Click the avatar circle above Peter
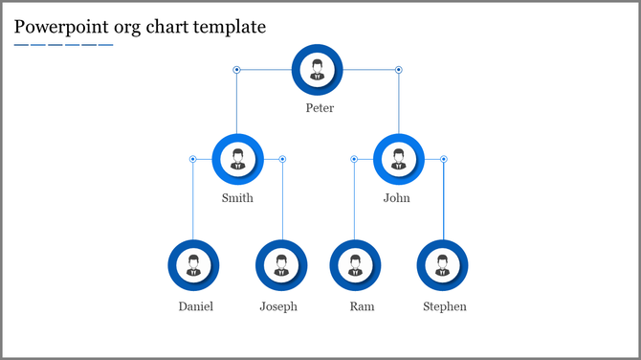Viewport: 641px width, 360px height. (x=317, y=69)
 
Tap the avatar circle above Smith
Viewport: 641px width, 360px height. (x=237, y=159)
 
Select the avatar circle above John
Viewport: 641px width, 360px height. (x=398, y=159)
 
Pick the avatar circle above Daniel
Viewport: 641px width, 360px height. (x=193, y=265)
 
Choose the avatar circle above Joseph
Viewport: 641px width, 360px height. (x=281, y=265)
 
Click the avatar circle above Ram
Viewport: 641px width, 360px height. (x=355, y=265)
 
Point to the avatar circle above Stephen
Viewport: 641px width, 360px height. (x=442, y=265)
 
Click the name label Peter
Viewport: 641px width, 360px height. (x=320, y=108)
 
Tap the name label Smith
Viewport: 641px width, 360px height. (x=237, y=199)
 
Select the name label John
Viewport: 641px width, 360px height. (x=396, y=199)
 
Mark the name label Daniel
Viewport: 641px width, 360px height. (x=195, y=307)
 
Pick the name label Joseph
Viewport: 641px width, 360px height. (x=278, y=307)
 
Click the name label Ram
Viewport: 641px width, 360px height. (x=362, y=307)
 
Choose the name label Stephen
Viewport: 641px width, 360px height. (x=445, y=307)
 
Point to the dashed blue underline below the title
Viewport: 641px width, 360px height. (x=63, y=45)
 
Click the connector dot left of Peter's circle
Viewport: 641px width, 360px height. (x=236, y=70)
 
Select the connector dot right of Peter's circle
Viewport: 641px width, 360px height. (x=399, y=70)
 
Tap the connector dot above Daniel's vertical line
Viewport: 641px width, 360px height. (x=192, y=159)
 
